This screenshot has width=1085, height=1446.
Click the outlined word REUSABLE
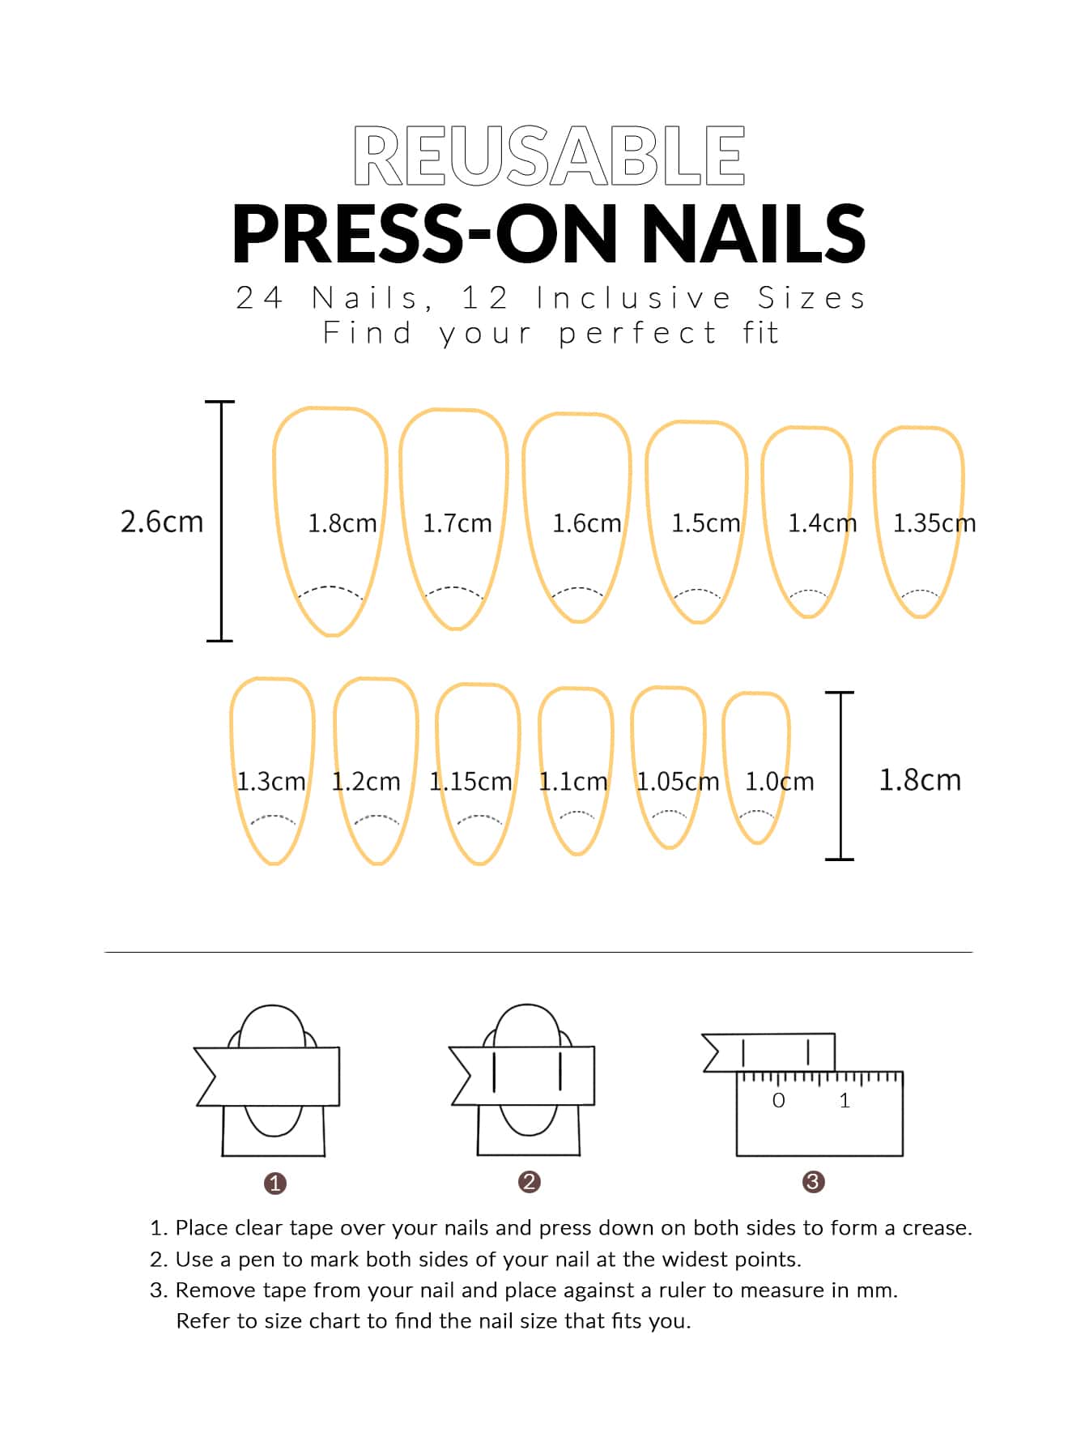point(549,156)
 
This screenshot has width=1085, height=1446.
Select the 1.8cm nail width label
point(343,523)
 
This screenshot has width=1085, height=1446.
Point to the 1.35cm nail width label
point(934,523)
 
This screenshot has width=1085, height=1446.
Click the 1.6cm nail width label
point(587,523)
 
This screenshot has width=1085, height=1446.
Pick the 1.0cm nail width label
point(780,782)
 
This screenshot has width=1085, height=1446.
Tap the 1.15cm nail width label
point(470,782)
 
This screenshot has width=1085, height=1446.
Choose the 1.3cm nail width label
point(271,782)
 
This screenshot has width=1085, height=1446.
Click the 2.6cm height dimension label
point(162,521)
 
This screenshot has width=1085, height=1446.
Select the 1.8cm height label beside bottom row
point(920,779)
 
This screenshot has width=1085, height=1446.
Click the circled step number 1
point(275,1184)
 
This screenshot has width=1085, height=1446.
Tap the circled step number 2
point(530,1182)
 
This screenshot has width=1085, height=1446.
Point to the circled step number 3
point(813,1182)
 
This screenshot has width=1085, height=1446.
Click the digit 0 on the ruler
point(779,1100)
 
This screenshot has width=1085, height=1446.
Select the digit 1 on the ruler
point(845,1100)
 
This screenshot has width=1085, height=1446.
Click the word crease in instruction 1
point(938,1228)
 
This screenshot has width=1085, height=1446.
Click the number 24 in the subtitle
point(259,298)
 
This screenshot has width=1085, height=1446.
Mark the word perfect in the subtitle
point(638,334)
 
